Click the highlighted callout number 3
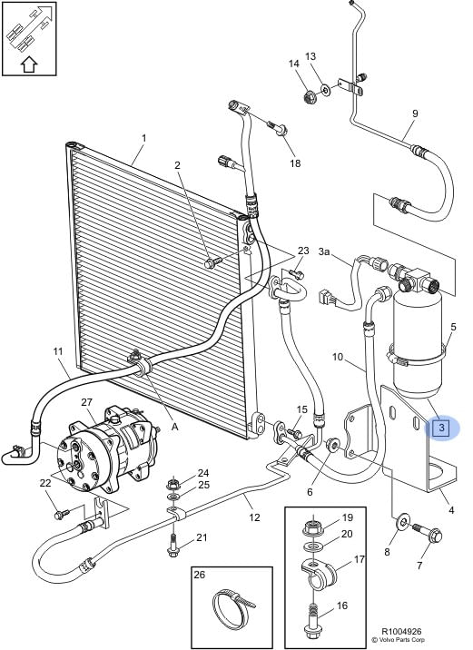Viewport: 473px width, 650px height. click(x=441, y=428)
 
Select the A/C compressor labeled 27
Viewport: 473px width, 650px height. click(x=108, y=449)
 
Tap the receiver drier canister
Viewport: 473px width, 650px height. click(x=418, y=343)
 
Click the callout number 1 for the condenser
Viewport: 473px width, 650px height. click(x=143, y=138)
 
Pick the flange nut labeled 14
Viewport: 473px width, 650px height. click(x=310, y=97)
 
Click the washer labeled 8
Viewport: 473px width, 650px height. click(x=402, y=521)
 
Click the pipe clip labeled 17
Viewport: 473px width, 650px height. click(x=319, y=573)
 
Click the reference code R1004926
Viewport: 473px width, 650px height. click(x=401, y=632)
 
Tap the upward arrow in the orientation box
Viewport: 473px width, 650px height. click(x=29, y=64)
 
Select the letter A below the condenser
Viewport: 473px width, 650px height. click(x=175, y=426)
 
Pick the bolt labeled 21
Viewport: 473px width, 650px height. click(x=173, y=547)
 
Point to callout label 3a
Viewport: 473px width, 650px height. click(x=324, y=251)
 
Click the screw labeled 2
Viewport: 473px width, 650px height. click(x=213, y=262)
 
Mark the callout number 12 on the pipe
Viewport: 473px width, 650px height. click(x=254, y=517)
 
